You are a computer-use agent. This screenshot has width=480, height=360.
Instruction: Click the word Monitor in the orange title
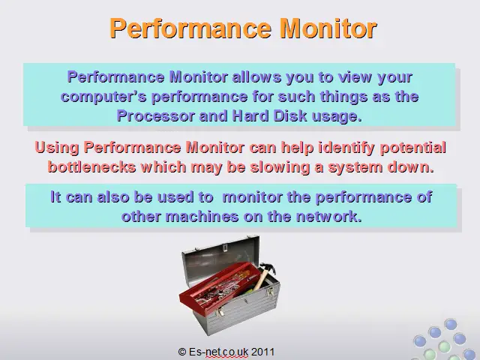click(x=328, y=28)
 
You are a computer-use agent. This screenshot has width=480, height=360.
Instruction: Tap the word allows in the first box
click(x=256, y=76)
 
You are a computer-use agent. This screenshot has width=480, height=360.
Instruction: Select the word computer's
click(x=103, y=97)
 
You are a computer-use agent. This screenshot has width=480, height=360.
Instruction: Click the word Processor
click(x=155, y=116)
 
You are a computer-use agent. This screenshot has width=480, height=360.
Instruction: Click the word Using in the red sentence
click(x=57, y=148)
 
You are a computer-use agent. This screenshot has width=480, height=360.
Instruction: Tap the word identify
click(x=346, y=148)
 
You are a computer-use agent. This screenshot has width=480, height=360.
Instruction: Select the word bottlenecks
click(x=91, y=167)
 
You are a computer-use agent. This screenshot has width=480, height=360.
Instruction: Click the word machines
click(x=202, y=217)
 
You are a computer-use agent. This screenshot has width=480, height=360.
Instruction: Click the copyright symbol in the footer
click(x=182, y=352)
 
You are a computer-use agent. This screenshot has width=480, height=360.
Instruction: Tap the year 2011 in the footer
click(x=262, y=352)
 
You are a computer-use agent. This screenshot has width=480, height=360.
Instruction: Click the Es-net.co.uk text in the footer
click(x=218, y=352)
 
